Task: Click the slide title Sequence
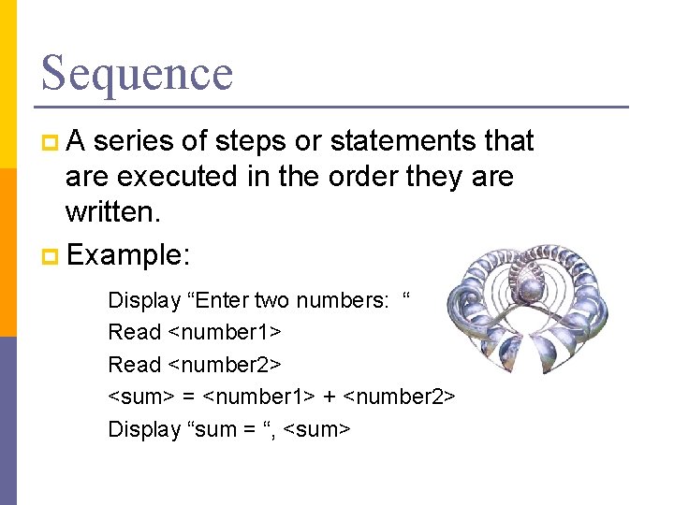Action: coord(137,73)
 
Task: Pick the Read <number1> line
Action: coord(196,332)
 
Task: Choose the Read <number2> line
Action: coord(196,365)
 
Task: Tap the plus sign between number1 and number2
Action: coord(330,397)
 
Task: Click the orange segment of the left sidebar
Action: coord(8,252)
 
